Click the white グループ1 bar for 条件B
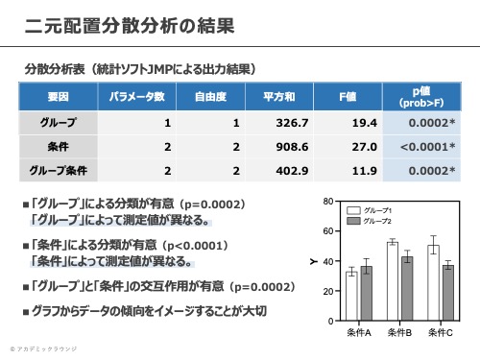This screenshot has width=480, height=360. tap(393, 281)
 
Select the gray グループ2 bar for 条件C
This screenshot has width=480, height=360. tap(447, 293)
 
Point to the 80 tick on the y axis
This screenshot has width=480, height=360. tap(329, 202)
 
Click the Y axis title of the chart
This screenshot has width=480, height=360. tap(314, 261)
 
